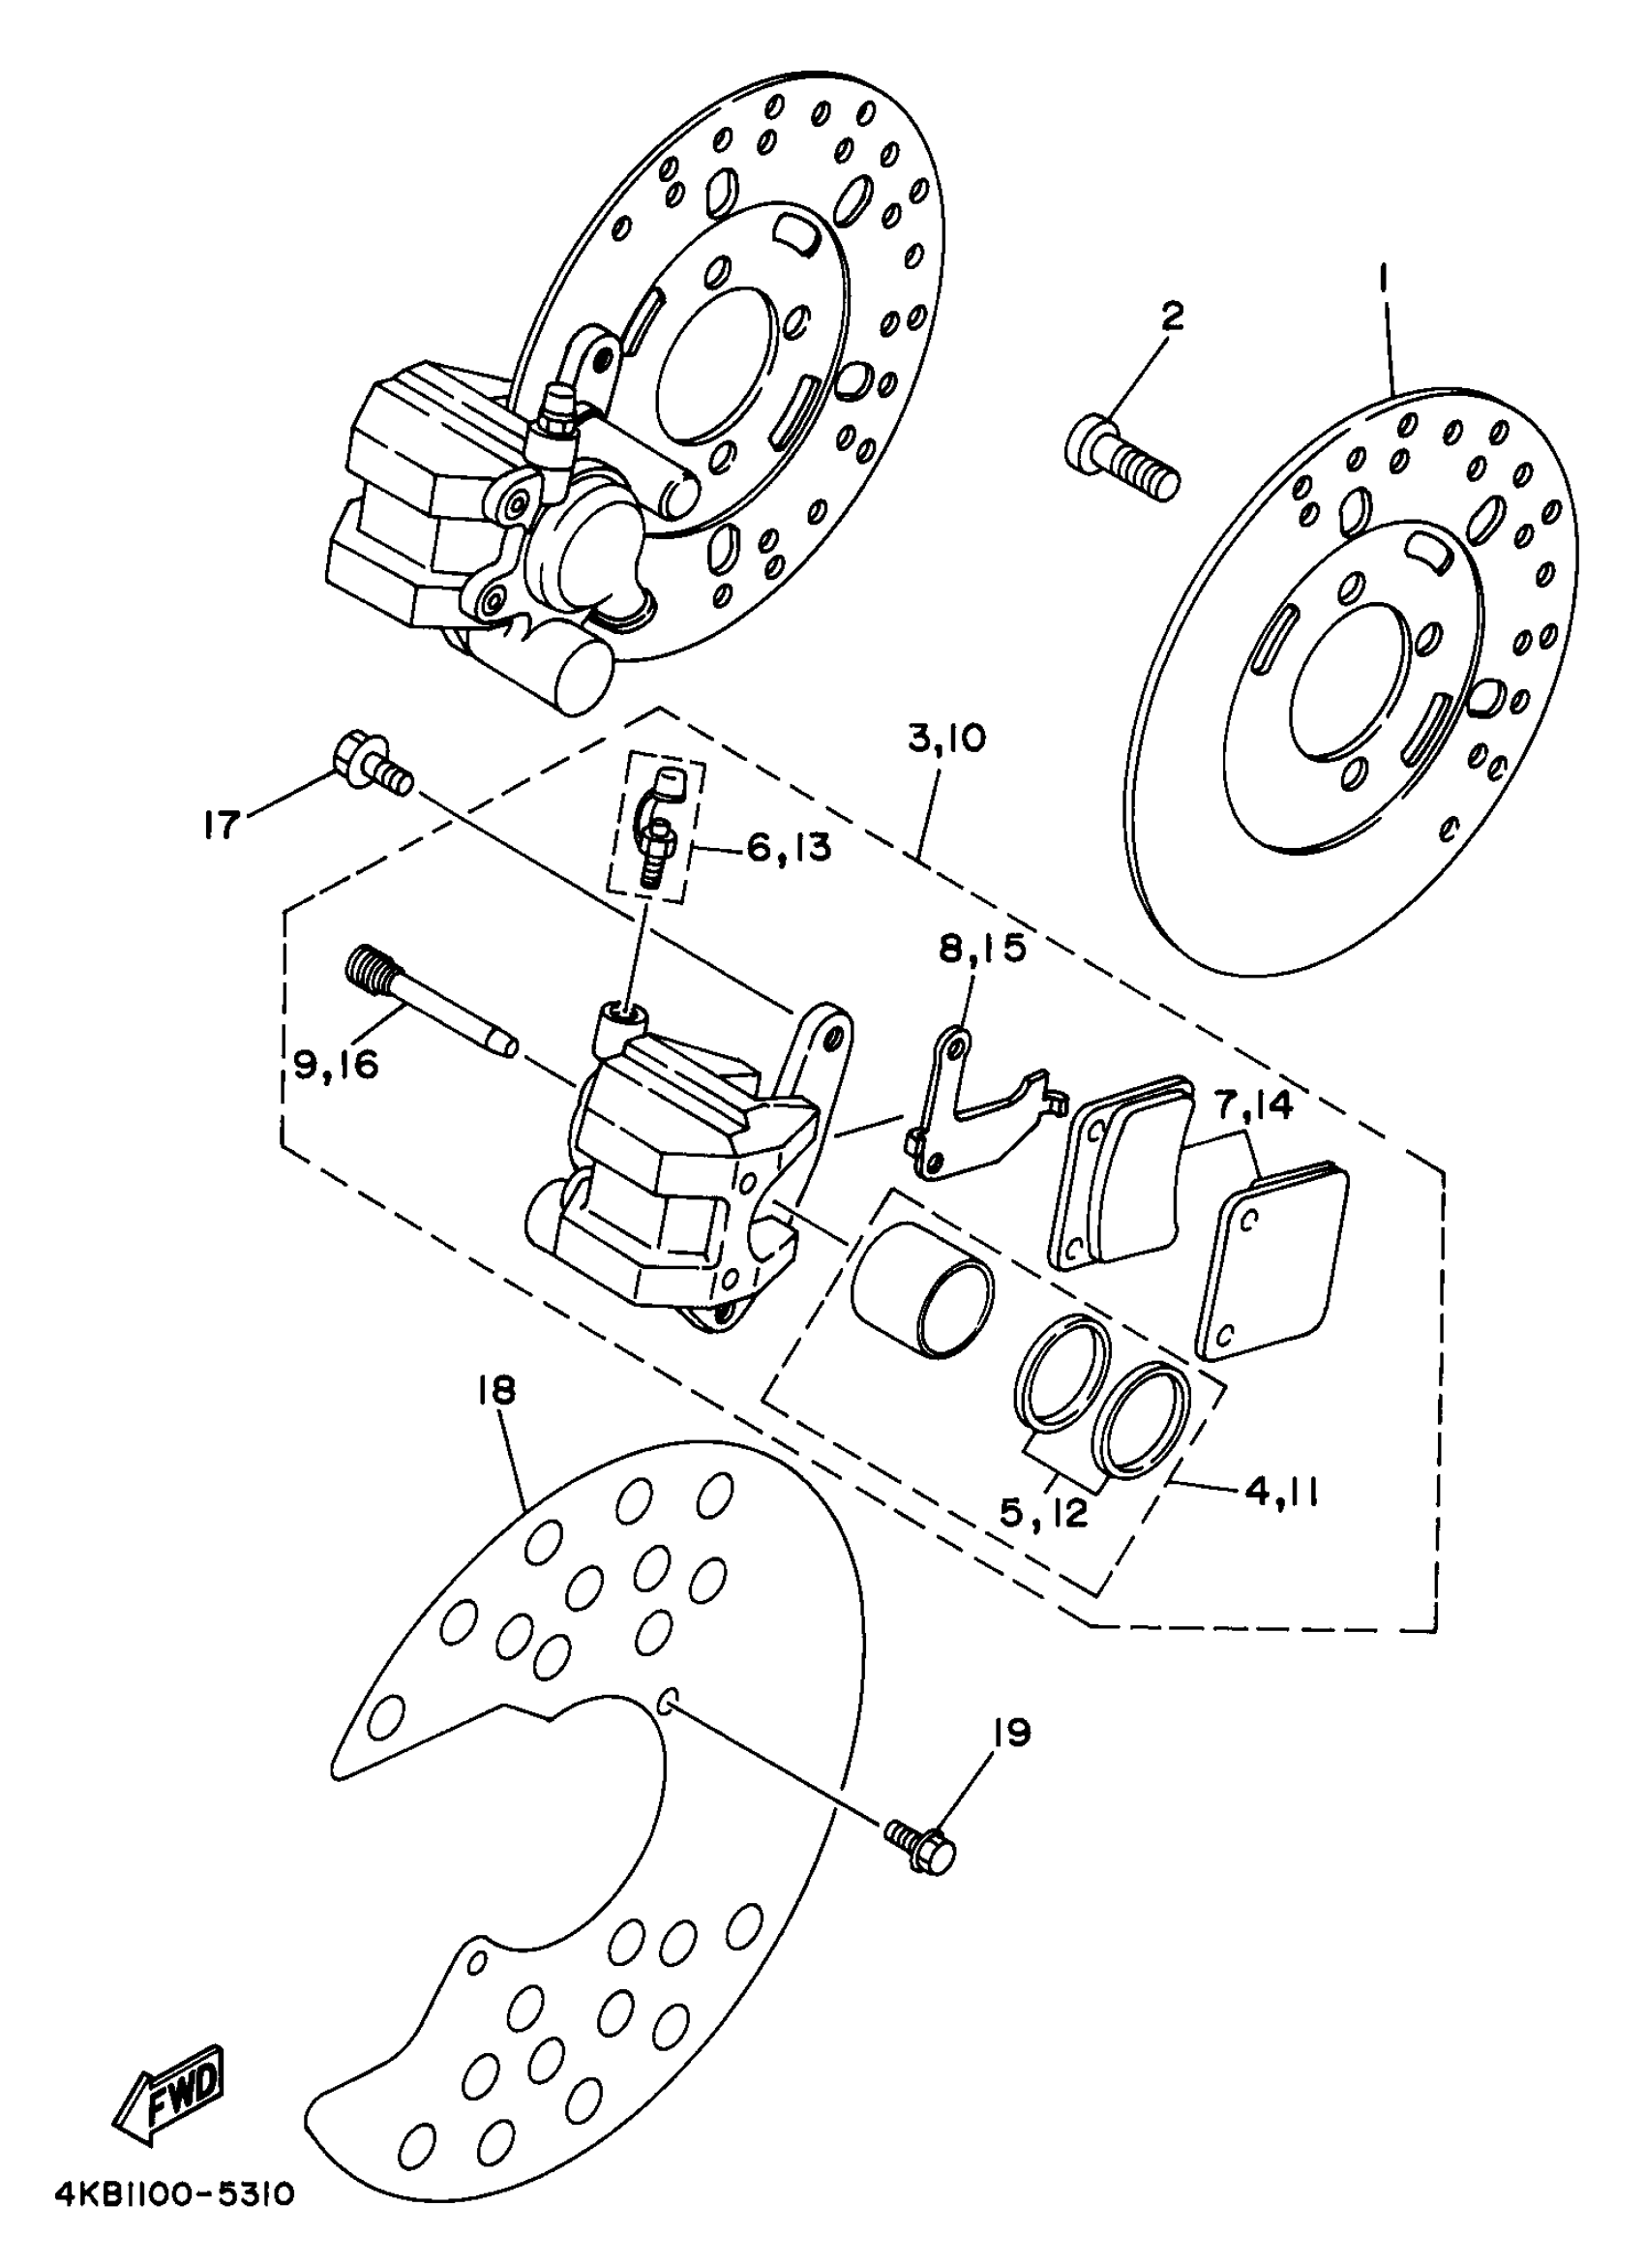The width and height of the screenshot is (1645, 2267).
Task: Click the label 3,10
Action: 946,739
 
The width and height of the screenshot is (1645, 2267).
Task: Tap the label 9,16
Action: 337,1066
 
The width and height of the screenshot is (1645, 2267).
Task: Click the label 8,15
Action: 982,948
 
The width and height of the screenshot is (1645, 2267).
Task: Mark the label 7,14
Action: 1253,1105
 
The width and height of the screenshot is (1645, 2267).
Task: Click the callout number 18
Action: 496,1390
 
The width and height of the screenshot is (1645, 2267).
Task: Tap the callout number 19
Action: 1011,1733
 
